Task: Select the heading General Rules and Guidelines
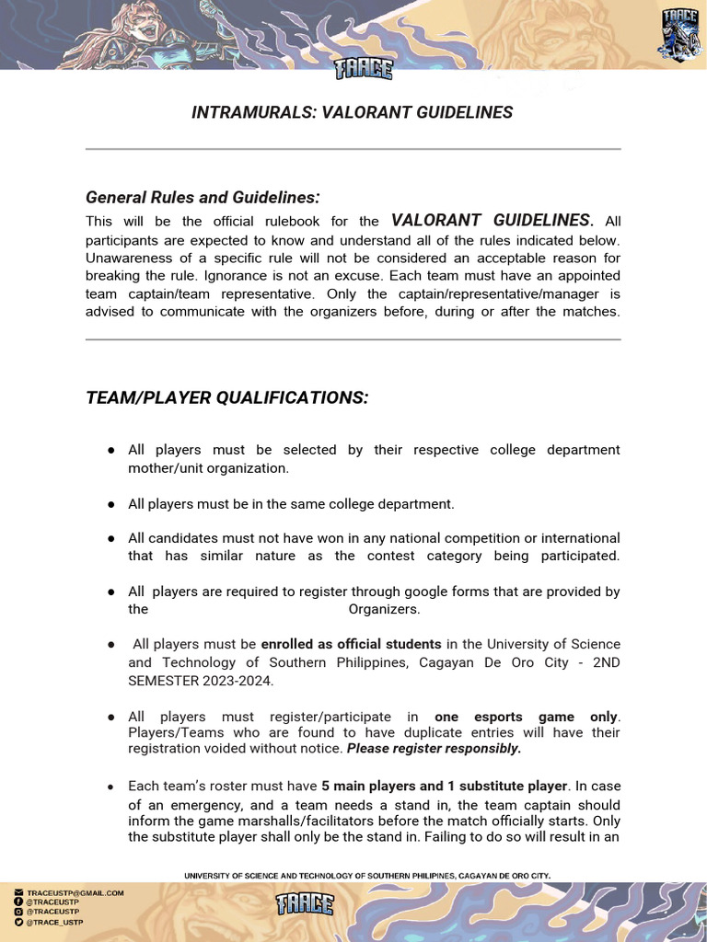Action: click(x=203, y=198)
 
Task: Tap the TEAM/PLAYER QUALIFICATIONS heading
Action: click(x=226, y=397)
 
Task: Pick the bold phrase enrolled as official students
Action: click(x=351, y=644)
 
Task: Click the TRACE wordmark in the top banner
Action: click(x=364, y=69)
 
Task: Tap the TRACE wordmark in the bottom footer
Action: click(x=305, y=904)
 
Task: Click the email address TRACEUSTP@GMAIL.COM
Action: click(x=75, y=892)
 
